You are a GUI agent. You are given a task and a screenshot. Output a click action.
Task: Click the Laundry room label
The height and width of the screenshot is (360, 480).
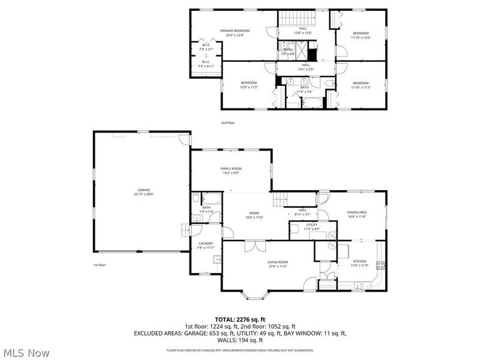206,244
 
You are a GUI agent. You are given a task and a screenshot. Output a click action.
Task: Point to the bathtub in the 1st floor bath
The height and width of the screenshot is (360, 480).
212,199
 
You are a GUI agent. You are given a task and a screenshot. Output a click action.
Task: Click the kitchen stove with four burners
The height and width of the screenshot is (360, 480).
380,265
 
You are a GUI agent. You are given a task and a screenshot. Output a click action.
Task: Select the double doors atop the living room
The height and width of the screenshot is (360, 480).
255,246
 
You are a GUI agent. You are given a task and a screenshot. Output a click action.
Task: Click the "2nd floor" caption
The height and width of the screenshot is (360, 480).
228,122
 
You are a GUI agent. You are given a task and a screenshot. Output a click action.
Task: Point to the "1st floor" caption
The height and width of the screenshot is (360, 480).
100,265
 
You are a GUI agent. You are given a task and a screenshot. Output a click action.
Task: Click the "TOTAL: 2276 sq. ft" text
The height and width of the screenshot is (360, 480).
240,319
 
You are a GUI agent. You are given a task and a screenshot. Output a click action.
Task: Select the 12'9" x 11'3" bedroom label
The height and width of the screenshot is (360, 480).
249,85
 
